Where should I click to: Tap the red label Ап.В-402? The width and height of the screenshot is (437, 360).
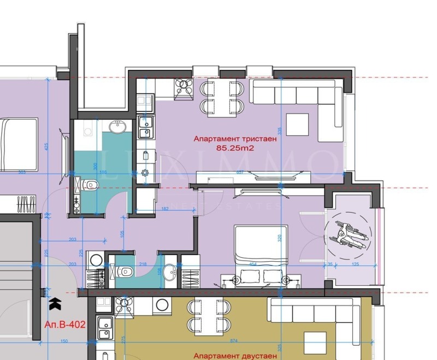pyautogui.click(x=64, y=324)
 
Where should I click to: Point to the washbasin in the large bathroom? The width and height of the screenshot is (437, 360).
pyautogui.click(x=117, y=127)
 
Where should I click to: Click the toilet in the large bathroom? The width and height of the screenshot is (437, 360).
pyautogui.click(x=87, y=185)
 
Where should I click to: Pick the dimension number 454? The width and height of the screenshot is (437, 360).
pyautogui.click(x=253, y=265)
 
